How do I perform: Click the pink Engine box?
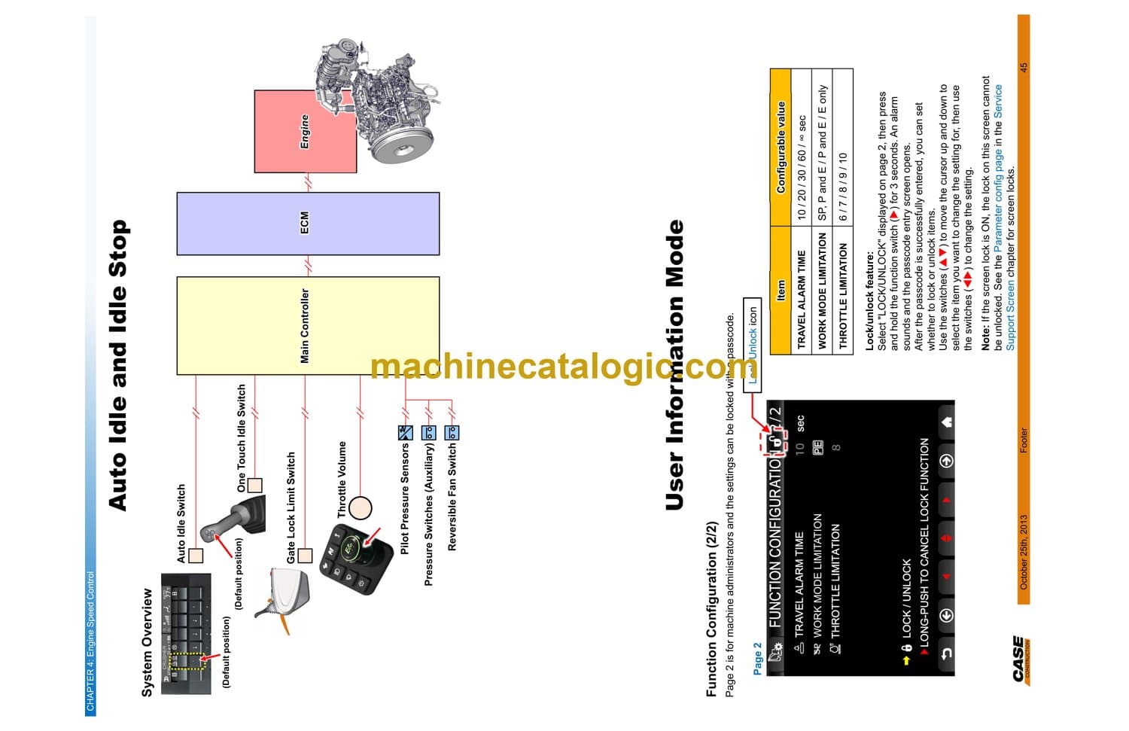pos(305,132)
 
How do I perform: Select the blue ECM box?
pos(307,223)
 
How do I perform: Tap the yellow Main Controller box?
pos(307,325)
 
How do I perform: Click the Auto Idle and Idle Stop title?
pos(118,365)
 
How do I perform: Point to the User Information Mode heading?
pos(675,365)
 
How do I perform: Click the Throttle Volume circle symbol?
pos(361,508)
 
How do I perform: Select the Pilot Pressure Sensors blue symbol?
pos(405,433)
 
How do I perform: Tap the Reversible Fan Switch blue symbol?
pos(452,433)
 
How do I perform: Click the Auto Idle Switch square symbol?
pos(196,556)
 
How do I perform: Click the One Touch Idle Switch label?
pos(242,437)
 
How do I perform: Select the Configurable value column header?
pos(781,148)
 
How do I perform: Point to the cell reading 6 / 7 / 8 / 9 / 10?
pos(843,187)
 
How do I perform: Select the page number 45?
pos(1024,68)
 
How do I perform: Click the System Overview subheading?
pos(147,642)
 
